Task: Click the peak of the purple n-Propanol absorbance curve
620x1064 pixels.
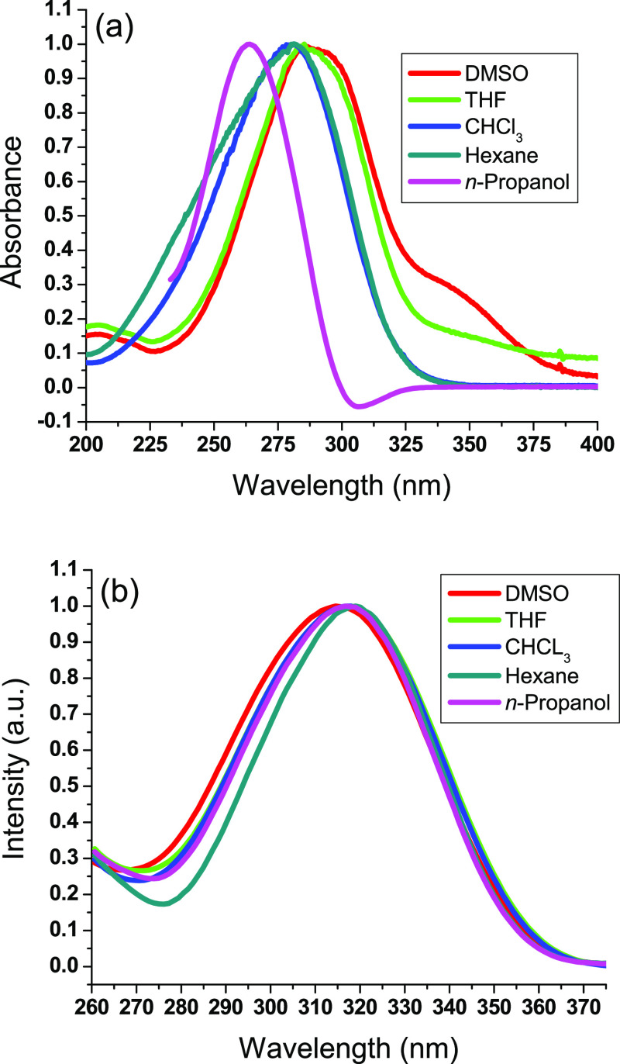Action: click(x=249, y=44)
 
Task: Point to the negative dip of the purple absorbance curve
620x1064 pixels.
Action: click(x=357, y=406)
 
